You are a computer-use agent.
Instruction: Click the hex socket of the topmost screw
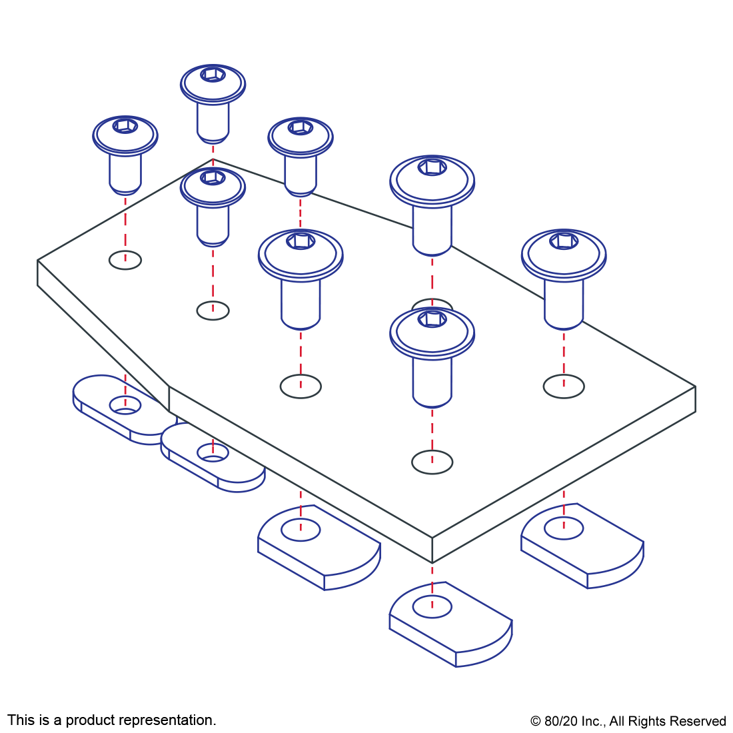click(213, 74)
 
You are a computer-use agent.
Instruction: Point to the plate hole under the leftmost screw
click(125, 260)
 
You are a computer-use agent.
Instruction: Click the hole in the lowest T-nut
click(432, 606)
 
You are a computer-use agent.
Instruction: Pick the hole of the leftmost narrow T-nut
click(125, 404)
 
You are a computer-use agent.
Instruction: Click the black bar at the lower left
click(111, 721)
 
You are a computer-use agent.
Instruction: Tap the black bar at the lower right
click(628, 722)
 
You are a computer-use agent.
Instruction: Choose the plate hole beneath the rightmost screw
click(564, 386)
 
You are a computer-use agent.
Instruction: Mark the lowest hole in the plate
click(432, 462)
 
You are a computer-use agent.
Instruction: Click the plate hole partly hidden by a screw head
click(432, 305)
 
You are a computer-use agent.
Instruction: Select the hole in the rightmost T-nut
click(564, 528)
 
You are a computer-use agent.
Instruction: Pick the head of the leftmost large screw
click(301, 254)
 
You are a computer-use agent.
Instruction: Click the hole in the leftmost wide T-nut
click(301, 530)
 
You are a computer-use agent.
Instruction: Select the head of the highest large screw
click(432, 180)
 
